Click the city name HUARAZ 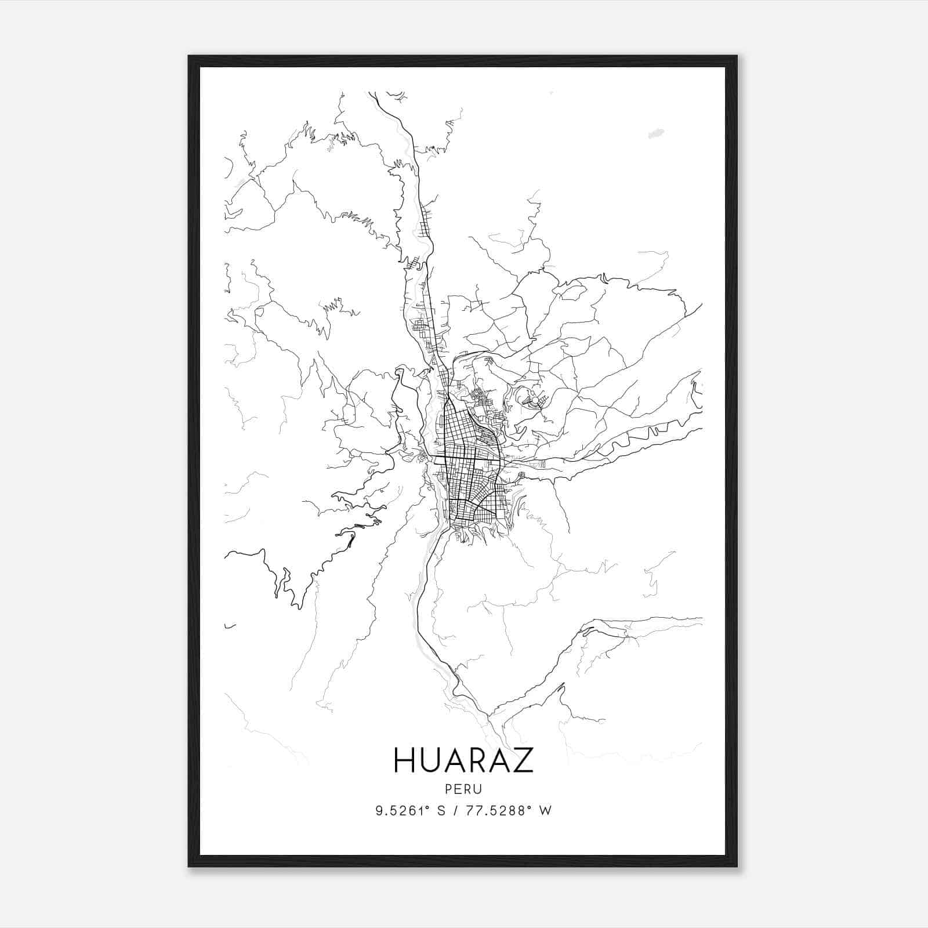(463, 760)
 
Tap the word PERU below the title (463, 789)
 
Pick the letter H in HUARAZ (404, 760)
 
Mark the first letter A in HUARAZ (453, 760)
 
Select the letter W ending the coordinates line (545, 810)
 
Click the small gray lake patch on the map (655, 134)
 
